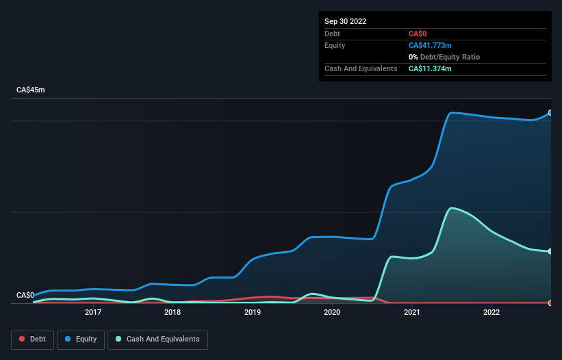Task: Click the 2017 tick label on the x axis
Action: pyautogui.click(x=93, y=312)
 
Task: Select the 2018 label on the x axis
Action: pyautogui.click(x=173, y=312)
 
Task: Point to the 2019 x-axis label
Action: pyautogui.click(x=253, y=312)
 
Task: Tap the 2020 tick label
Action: pyautogui.click(x=332, y=312)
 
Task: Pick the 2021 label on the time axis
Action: pyautogui.click(x=412, y=312)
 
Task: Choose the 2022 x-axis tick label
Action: pyautogui.click(x=491, y=312)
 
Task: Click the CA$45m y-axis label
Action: pyautogui.click(x=30, y=90)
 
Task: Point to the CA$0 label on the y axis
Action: pyautogui.click(x=25, y=295)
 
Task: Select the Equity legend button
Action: pyautogui.click(x=81, y=339)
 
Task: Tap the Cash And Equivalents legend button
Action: pyautogui.click(x=157, y=339)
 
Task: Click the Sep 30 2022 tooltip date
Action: pyautogui.click(x=346, y=21)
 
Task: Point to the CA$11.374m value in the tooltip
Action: pyautogui.click(x=430, y=68)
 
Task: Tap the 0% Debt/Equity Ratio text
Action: pyautogui.click(x=445, y=57)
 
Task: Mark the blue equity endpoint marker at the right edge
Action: pyautogui.click(x=550, y=113)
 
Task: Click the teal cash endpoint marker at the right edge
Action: pyautogui.click(x=550, y=251)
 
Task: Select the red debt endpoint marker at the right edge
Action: pyautogui.click(x=550, y=303)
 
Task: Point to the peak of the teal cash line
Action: pyautogui.click(x=451, y=208)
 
